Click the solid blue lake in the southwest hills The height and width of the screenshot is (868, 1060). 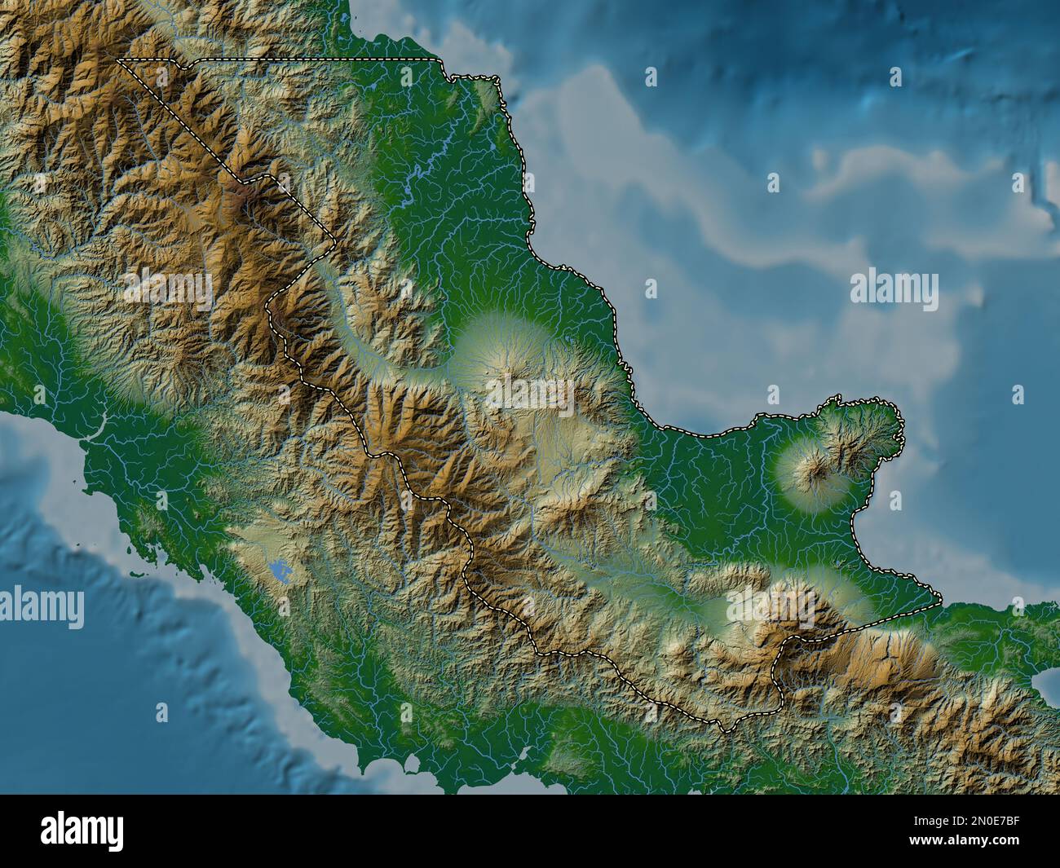280,571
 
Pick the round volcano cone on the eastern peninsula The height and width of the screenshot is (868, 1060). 812,470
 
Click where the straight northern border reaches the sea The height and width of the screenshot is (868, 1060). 436,60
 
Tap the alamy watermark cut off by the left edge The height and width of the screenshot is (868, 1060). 42,608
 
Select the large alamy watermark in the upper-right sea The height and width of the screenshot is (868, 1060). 894,290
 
